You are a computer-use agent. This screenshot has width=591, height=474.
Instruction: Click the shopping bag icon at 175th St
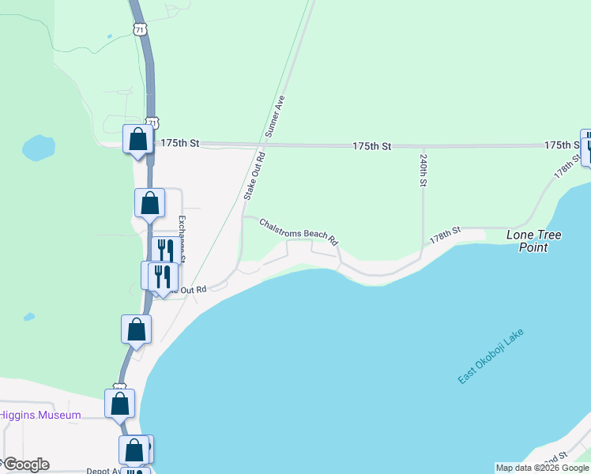[x=137, y=139]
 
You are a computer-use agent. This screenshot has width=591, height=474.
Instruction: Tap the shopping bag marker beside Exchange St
[x=149, y=203]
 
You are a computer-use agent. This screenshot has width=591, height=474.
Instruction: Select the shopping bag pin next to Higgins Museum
[x=119, y=403]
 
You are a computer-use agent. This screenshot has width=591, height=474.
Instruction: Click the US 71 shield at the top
[x=139, y=28]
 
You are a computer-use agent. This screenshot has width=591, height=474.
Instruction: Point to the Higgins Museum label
[x=40, y=415]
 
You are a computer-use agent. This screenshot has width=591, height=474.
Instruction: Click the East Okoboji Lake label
[x=491, y=356]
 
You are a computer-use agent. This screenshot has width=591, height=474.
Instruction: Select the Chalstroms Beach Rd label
[x=299, y=231]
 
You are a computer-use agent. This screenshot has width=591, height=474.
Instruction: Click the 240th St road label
[x=423, y=170]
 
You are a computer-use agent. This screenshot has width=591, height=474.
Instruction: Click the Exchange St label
[x=181, y=237]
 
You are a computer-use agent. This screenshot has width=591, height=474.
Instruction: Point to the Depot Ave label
[x=103, y=470]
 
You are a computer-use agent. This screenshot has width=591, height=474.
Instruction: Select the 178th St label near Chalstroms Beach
[x=445, y=235]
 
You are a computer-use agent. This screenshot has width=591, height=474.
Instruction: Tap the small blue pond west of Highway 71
[x=38, y=147]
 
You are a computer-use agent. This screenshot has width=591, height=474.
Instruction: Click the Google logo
[x=25, y=465]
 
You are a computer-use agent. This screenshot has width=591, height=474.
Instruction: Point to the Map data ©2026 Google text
[x=542, y=468]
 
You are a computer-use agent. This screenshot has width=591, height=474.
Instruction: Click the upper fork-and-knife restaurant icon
[x=164, y=250]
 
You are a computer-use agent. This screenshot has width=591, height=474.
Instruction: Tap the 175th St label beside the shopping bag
[x=180, y=145]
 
